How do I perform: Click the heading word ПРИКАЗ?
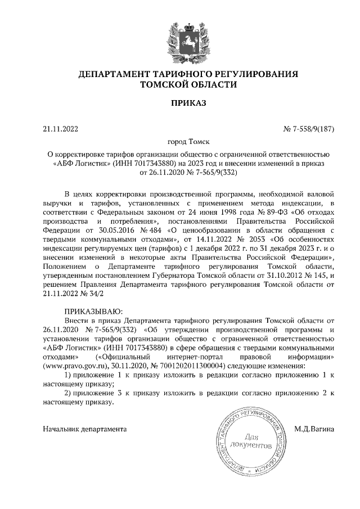point(181,103)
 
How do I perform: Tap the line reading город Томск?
point(181,143)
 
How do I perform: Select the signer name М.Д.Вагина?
point(314,429)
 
